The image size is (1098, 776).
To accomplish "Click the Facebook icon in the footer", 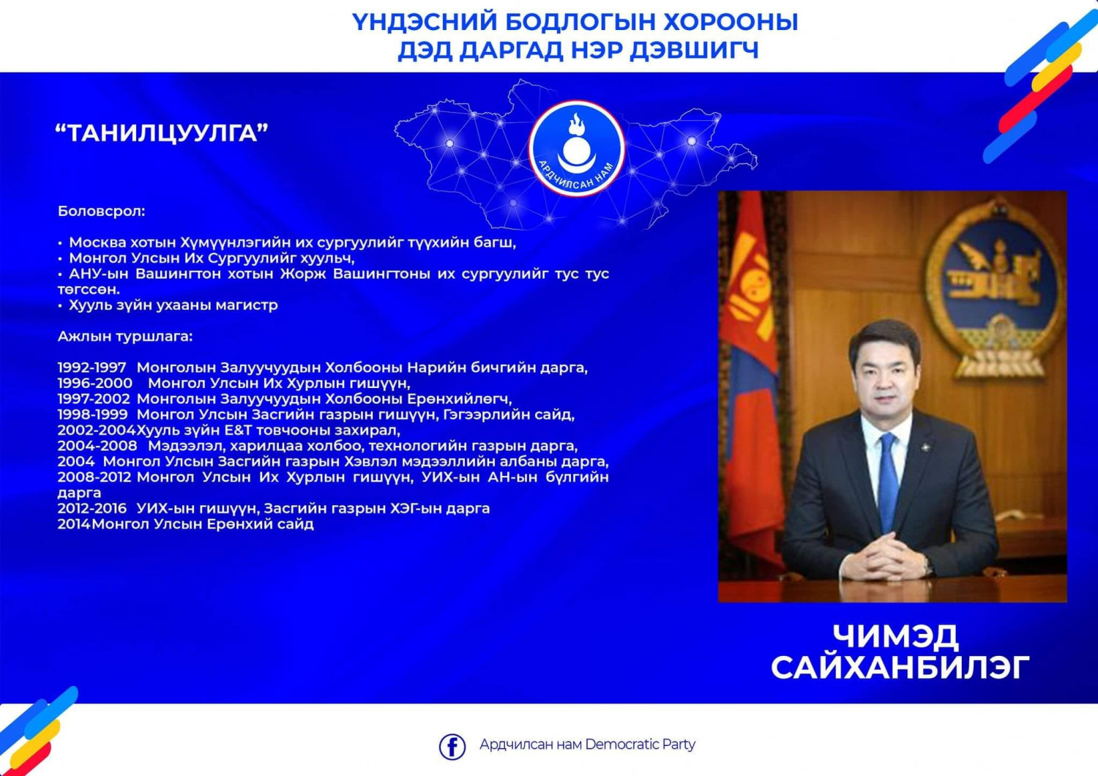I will coord(452,746).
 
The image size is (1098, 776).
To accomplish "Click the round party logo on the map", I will coord(577,149).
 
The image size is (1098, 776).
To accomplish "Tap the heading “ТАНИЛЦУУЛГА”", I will coord(162,133).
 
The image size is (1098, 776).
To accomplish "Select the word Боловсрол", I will coord(101,212).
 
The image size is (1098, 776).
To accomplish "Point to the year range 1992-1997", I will coord(91,368).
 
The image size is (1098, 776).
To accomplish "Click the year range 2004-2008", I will coord(97,446).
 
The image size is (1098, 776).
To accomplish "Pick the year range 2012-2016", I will coord(91,508).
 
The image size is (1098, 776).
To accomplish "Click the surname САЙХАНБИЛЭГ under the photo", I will coord(900,668).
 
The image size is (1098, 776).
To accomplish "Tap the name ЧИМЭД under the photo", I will coord(895,635).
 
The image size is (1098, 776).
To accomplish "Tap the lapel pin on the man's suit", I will coord(927,447).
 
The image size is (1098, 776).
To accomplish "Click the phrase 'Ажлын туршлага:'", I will coord(125,337).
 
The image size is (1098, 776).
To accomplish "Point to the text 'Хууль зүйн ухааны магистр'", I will coord(173,305).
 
